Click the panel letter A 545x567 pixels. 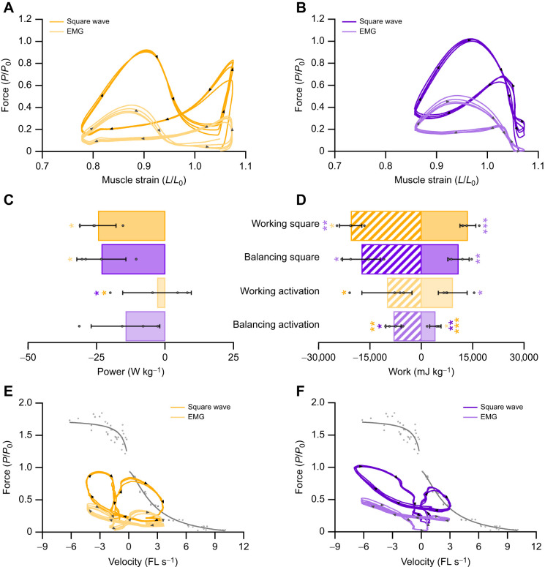(x=8, y=7)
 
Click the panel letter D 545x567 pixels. (x=301, y=199)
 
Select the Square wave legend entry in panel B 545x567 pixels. (x=372, y=21)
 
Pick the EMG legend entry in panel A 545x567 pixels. (x=67, y=31)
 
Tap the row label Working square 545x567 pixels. (x=285, y=223)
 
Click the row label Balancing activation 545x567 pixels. (x=276, y=324)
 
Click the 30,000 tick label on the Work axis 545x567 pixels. (x=524, y=357)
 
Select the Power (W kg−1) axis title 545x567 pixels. (x=130, y=372)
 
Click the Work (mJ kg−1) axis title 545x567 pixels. (x=421, y=372)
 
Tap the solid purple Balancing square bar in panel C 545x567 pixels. (x=133, y=259)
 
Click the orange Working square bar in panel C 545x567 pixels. (x=132, y=225)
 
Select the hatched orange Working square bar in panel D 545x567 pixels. (x=386, y=225)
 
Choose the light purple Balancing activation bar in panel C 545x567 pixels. (x=146, y=326)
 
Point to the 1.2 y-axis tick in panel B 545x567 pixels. (x=318, y=19)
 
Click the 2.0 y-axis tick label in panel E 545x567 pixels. (x=26, y=402)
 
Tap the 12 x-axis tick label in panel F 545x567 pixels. (x=536, y=546)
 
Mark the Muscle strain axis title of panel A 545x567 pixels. (x=144, y=180)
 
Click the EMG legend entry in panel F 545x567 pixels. (x=480, y=417)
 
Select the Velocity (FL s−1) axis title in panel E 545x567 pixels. (x=143, y=562)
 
